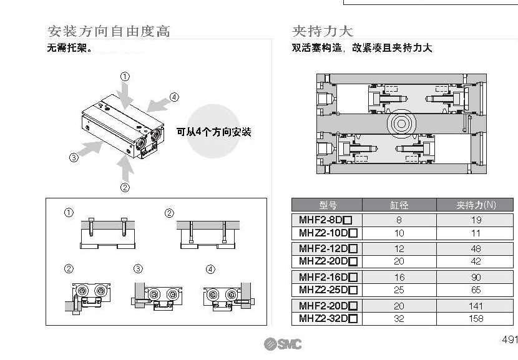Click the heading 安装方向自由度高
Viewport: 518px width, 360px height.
(109, 31)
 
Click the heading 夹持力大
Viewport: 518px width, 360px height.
(323, 31)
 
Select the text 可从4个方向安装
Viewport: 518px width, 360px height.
(213, 132)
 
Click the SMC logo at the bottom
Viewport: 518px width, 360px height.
(282, 344)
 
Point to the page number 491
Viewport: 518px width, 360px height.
(509, 340)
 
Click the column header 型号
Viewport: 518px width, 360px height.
(328, 205)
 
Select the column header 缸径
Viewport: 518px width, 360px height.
(399, 205)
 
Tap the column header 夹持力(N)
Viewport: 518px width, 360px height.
(476, 205)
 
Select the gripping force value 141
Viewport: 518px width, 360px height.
(476, 306)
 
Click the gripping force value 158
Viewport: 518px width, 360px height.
(476, 318)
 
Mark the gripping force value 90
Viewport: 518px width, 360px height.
(476, 277)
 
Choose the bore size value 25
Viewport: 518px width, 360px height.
(399, 289)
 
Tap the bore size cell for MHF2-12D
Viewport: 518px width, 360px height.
(399, 248)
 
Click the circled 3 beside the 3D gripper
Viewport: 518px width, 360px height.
(74, 158)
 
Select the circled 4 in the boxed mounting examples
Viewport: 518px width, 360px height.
(211, 270)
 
